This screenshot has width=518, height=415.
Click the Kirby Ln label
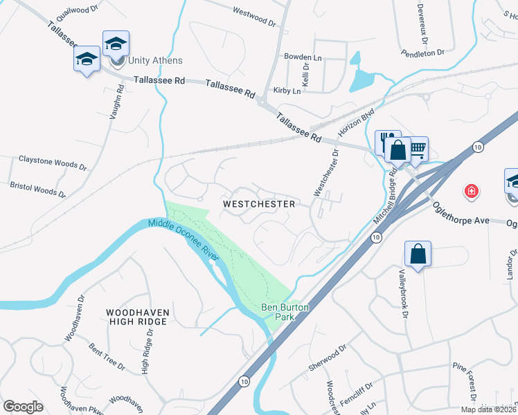tap(287, 91)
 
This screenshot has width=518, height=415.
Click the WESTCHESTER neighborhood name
tap(259, 204)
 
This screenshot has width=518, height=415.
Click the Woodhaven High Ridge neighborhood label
tap(137, 317)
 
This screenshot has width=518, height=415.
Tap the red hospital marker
tap(472, 190)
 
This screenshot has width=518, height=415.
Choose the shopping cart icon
tap(417, 147)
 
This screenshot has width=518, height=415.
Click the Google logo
tap(23, 407)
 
